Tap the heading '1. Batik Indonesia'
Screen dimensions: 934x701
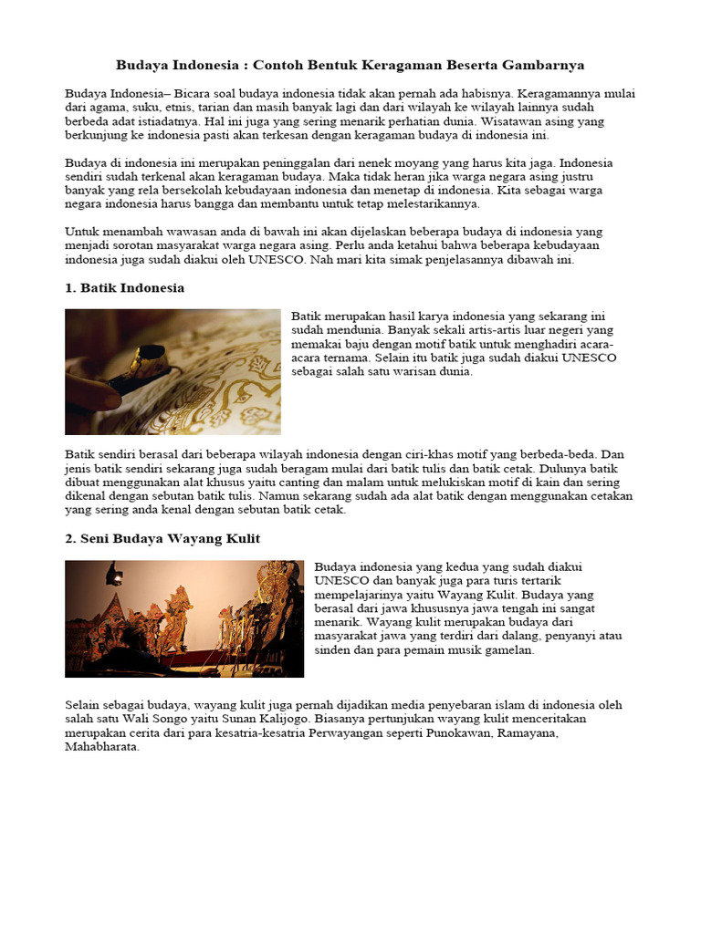125,287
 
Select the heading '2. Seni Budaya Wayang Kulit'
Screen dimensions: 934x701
162,539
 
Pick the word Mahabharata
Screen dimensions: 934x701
102,746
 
